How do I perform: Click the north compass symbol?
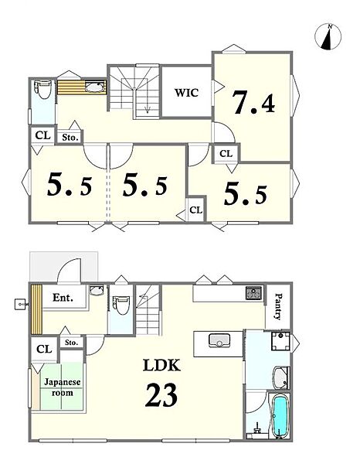[x=328, y=36]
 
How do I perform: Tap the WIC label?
[x=186, y=93]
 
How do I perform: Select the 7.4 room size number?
[x=254, y=102]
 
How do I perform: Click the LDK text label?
[x=161, y=365]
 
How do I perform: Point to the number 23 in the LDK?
[x=161, y=394]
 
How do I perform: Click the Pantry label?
[x=278, y=306]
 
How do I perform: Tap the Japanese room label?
[x=63, y=387]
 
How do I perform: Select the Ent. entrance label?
[x=63, y=298]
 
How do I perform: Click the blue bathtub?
[x=280, y=417]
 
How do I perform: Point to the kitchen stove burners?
[x=254, y=293]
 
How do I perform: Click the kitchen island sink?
[x=219, y=340]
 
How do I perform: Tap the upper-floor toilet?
[x=43, y=90]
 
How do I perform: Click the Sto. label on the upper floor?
[x=70, y=138]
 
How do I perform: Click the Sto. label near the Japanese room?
[x=72, y=343]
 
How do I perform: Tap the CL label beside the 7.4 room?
[x=226, y=154]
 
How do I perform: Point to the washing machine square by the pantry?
[x=280, y=341]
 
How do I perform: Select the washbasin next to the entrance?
[x=97, y=290]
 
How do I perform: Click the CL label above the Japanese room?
[x=44, y=350]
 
